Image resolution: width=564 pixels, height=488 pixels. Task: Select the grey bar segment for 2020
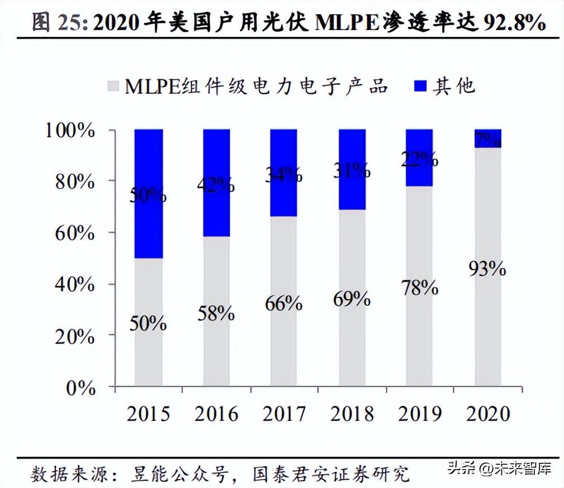[488, 335]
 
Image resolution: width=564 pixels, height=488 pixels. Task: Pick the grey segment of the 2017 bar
[284, 346]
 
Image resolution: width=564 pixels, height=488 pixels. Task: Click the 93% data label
[487, 269]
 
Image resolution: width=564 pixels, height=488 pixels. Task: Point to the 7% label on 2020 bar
[487, 138]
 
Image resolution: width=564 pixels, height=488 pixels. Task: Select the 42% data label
[216, 185]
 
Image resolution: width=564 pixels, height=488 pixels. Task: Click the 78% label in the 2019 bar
[419, 288]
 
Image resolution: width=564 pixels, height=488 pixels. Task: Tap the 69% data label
[352, 299]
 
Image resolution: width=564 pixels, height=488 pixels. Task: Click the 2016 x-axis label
[216, 414]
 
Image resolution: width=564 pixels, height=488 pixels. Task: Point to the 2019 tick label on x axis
[420, 414]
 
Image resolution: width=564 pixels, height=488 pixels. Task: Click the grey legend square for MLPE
[113, 87]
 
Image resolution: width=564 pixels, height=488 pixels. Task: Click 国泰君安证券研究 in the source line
[331, 474]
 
